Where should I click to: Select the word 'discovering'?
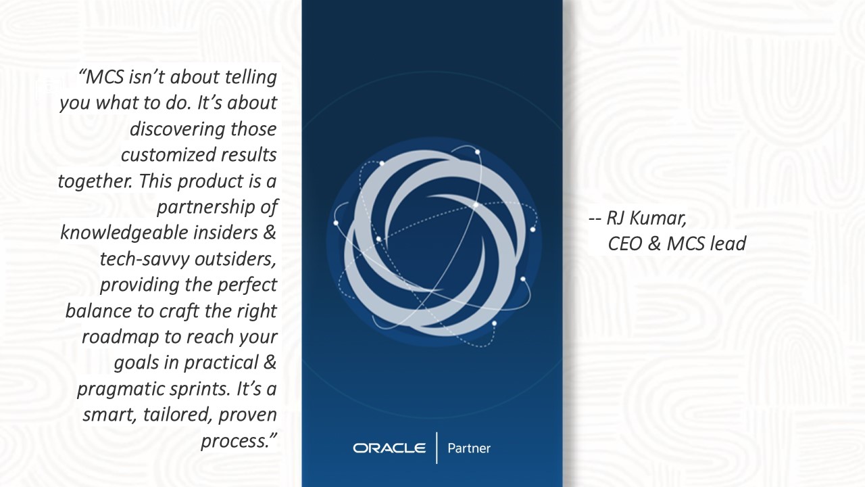(x=177, y=129)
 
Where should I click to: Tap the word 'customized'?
(x=163, y=155)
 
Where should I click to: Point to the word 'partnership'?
(x=205, y=208)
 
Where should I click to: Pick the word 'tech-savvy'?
(x=145, y=259)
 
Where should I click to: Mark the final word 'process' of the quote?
(x=234, y=441)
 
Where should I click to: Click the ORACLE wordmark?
(x=389, y=448)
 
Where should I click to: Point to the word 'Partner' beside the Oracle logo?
(x=469, y=448)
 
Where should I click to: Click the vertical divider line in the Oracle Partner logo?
(x=437, y=448)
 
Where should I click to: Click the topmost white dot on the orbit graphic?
(x=478, y=152)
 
